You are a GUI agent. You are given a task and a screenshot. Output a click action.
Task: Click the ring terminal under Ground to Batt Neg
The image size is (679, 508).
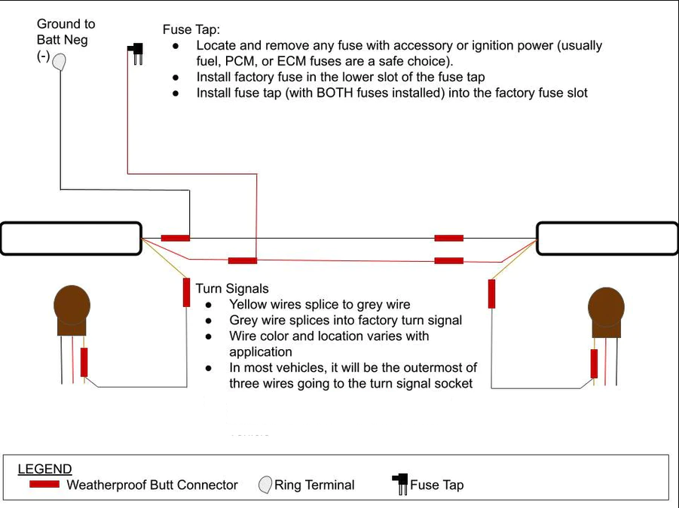(58, 61)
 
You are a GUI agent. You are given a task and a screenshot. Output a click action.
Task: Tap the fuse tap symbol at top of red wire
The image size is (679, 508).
(136, 53)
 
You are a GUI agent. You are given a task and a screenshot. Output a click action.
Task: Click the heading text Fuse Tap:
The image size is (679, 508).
(191, 29)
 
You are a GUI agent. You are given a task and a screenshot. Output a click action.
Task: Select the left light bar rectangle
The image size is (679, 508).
(71, 239)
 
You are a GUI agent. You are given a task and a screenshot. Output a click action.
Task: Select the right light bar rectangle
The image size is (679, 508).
(607, 239)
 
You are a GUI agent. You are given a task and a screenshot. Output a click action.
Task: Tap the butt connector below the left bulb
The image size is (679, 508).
(84, 362)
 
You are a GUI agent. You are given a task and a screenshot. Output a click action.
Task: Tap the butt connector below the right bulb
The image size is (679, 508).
(594, 364)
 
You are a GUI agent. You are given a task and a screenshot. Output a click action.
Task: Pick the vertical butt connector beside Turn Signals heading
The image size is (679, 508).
(186, 292)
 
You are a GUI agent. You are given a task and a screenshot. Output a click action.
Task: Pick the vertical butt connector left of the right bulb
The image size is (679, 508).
(491, 294)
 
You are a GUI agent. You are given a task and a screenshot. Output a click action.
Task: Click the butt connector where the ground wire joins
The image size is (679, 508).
(176, 238)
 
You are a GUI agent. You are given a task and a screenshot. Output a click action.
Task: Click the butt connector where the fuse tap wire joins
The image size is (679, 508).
(243, 260)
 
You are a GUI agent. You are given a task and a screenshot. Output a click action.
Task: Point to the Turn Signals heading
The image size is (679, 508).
(232, 288)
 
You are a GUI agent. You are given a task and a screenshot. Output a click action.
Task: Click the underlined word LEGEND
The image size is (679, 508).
(44, 469)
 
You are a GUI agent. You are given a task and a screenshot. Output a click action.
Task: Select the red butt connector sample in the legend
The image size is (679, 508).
(44, 484)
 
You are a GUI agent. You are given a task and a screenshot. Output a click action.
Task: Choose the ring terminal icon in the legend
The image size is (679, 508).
(265, 485)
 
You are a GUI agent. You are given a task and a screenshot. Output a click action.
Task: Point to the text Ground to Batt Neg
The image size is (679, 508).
(66, 32)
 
